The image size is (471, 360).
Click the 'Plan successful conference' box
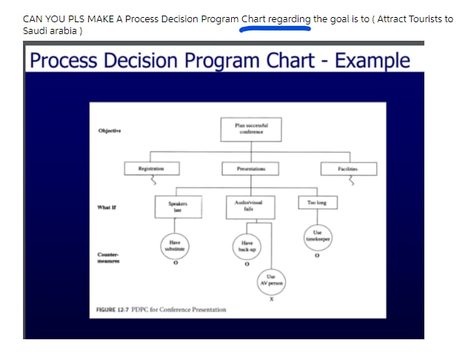click(x=247, y=129)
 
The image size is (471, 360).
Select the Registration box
click(x=150, y=169)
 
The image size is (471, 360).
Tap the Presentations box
click(x=247, y=169)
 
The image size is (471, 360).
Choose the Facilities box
click(x=348, y=169)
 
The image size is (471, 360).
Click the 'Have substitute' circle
click(x=175, y=245)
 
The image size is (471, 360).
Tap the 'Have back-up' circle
click(x=247, y=246)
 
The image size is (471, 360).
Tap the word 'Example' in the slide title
click(x=373, y=61)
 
